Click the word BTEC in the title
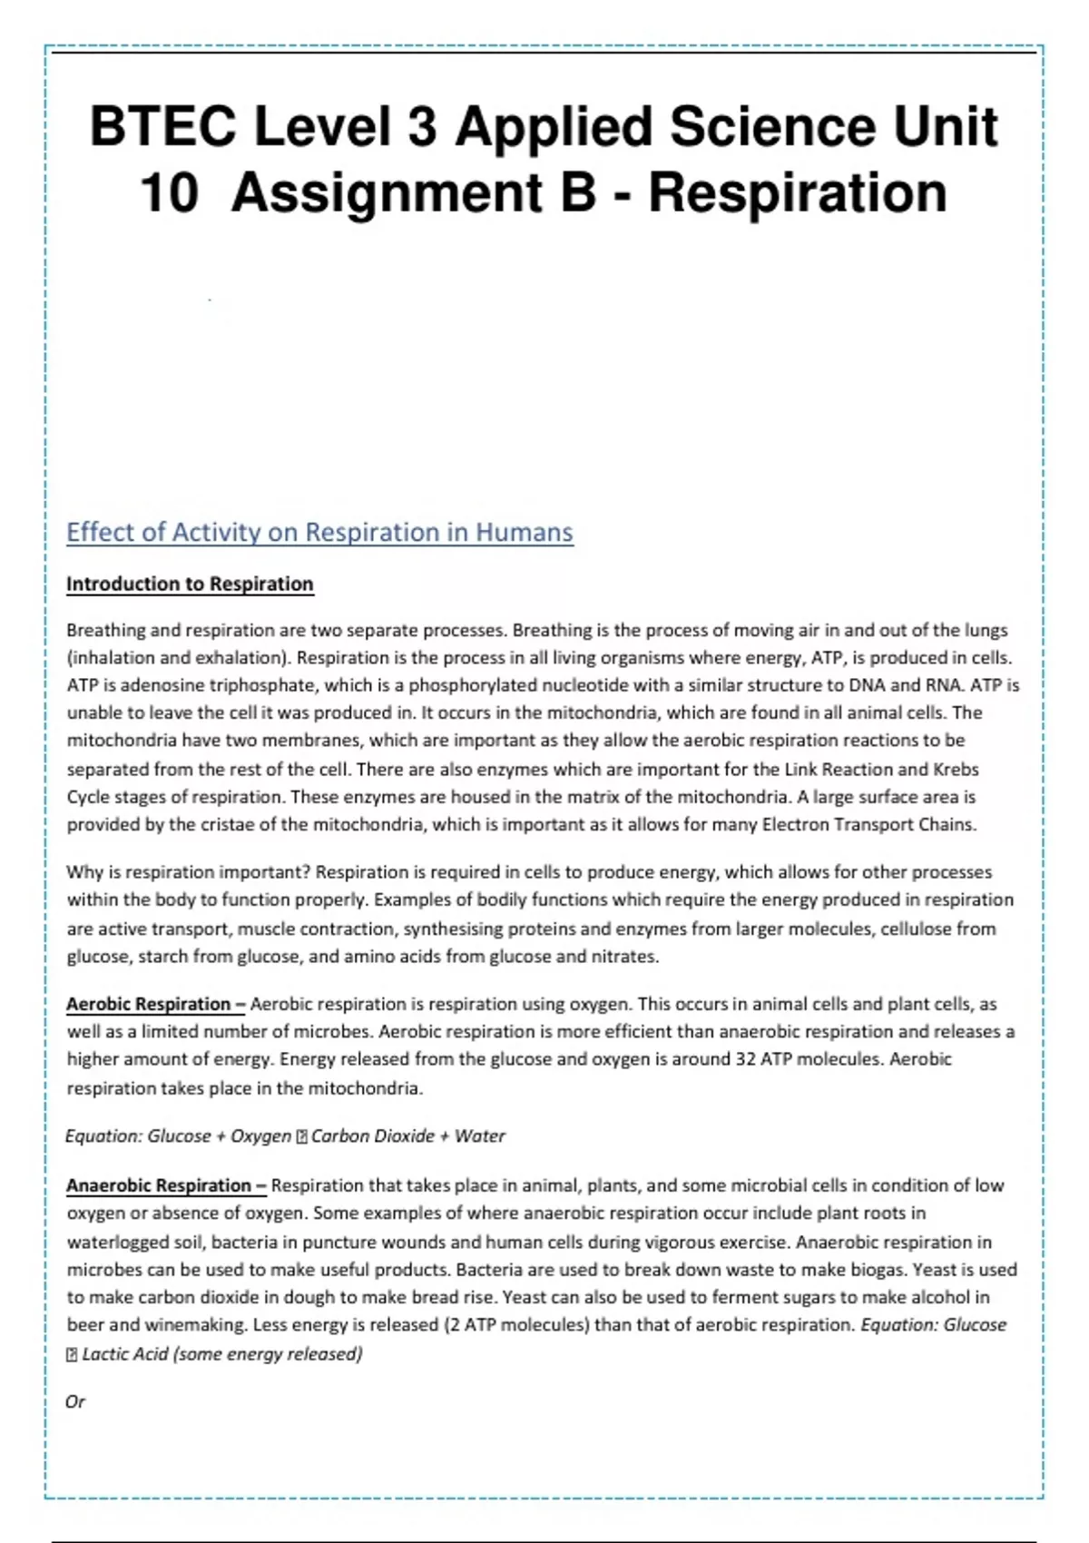coord(164,127)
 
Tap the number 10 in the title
coord(170,193)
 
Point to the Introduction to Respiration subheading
coord(190,584)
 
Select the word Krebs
coord(956,769)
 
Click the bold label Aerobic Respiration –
coord(155,1004)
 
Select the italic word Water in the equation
coord(480,1136)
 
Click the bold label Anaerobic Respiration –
coord(166,1185)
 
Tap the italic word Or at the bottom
coord(75,1401)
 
